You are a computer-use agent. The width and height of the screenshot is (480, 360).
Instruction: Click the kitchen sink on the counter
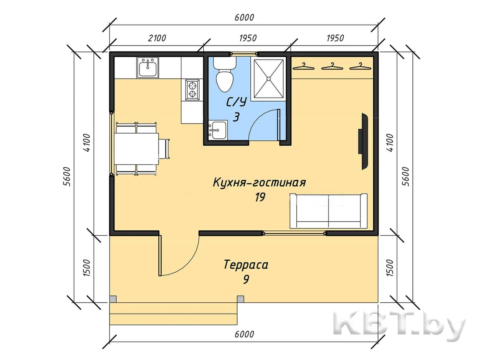click(x=148, y=68)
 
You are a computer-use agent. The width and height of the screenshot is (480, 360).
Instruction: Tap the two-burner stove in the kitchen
click(x=192, y=90)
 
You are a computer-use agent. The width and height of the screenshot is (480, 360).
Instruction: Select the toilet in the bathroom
click(x=224, y=74)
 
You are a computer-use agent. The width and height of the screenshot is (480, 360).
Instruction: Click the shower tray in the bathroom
click(x=268, y=78)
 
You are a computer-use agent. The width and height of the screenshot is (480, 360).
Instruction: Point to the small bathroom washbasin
click(x=217, y=130)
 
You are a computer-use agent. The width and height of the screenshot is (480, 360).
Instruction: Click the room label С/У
click(x=236, y=102)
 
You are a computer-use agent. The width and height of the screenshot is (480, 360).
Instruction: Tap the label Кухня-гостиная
click(x=259, y=183)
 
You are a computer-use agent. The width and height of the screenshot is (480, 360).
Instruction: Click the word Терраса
click(x=246, y=265)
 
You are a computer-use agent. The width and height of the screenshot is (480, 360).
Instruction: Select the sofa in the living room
click(x=328, y=211)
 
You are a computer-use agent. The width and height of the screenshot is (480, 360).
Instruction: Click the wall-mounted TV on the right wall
click(x=363, y=141)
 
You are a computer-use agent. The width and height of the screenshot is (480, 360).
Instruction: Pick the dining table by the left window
click(x=136, y=149)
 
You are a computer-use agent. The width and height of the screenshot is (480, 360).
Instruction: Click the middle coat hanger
click(x=332, y=66)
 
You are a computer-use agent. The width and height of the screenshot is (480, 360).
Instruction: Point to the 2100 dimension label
click(x=157, y=38)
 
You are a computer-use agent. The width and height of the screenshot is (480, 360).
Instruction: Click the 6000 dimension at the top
click(x=244, y=18)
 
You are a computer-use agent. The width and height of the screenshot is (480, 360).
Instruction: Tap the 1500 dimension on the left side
click(x=87, y=268)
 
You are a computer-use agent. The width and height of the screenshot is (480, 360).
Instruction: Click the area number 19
click(x=260, y=197)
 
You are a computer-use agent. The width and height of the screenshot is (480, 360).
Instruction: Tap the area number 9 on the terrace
click(x=246, y=279)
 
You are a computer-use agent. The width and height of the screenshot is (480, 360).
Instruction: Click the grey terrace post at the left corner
click(x=113, y=299)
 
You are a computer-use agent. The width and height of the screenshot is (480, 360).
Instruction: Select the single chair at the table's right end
click(x=164, y=149)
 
